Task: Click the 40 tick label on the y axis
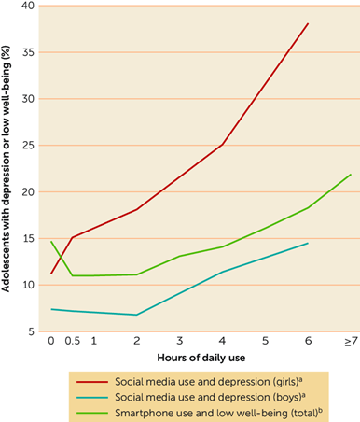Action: [x=28, y=6]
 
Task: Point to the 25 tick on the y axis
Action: [x=28, y=146]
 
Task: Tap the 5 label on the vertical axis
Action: [x=31, y=331]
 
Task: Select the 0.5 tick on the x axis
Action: [x=73, y=341]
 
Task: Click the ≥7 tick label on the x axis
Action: [x=351, y=341]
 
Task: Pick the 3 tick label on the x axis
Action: [x=180, y=341]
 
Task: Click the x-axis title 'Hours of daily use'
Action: [x=201, y=358]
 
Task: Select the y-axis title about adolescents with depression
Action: [x=6, y=169]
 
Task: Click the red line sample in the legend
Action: [x=92, y=382]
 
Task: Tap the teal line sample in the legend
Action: [x=92, y=398]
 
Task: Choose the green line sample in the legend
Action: [x=92, y=413]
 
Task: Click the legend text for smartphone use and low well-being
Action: [x=218, y=413]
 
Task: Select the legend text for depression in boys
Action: [x=210, y=398]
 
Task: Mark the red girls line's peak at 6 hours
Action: [x=308, y=23]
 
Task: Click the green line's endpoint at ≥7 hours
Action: [x=351, y=175]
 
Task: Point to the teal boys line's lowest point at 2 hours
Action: [x=137, y=315]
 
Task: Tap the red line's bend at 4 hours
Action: [x=223, y=144]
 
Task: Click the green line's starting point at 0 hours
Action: [x=51, y=241]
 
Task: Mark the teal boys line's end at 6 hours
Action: [x=308, y=243]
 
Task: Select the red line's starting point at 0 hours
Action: [x=51, y=274]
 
